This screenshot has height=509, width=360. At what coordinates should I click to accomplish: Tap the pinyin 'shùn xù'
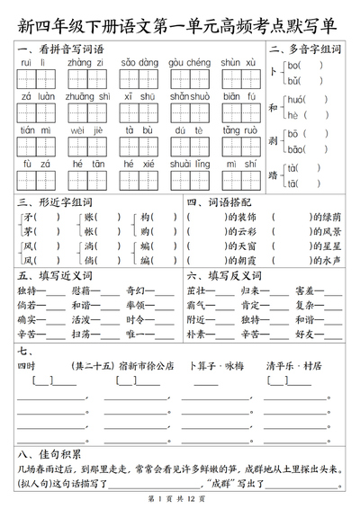pos(239,62)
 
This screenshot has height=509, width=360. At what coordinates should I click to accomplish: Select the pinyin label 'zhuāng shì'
pos(88,94)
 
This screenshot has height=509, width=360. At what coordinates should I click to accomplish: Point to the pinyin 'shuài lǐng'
pos(190,163)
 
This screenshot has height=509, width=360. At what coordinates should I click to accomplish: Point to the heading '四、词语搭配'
pos(220,201)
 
